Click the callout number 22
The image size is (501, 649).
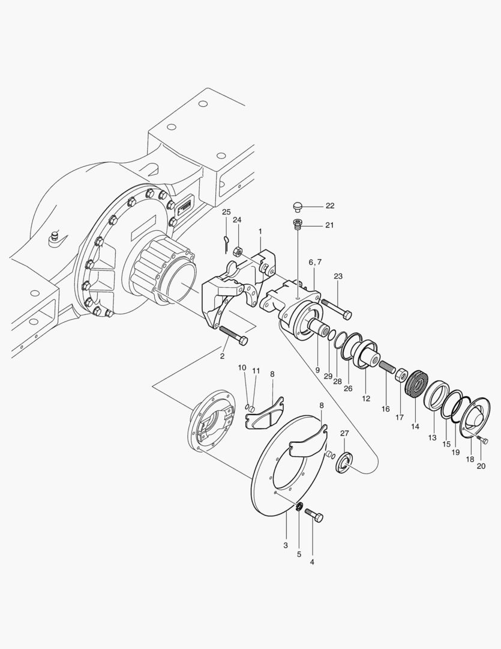(330, 206)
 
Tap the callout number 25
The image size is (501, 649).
(226, 212)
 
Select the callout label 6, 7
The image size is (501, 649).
(315, 263)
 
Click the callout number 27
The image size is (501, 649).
(344, 433)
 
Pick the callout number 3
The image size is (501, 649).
(286, 544)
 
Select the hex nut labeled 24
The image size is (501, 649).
(237, 251)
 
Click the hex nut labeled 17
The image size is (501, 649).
(401, 376)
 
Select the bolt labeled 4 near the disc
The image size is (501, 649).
(314, 515)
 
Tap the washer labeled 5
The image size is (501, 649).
(299, 507)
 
